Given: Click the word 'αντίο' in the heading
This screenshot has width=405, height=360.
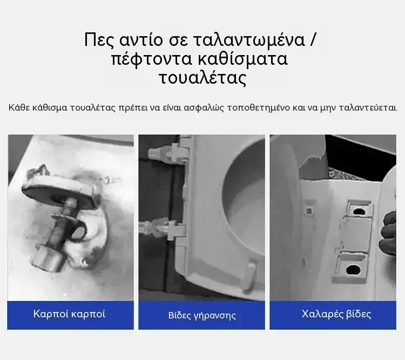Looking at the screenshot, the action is (x=141, y=40).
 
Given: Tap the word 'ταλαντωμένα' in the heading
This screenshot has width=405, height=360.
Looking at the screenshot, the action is (x=249, y=40).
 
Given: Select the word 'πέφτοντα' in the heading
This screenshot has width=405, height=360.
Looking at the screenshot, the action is (x=152, y=59).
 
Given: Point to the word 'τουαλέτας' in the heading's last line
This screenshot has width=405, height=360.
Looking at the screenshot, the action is (x=202, y=78).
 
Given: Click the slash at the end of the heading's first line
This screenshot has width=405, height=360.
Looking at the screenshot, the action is (x=313, y=40).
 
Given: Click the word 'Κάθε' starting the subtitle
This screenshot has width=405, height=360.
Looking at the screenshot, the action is (x=19, y=107).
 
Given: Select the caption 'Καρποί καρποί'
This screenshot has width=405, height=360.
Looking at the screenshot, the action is (x=69, y=314).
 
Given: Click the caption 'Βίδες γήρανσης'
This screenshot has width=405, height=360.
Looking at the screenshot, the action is (x=202, y=316).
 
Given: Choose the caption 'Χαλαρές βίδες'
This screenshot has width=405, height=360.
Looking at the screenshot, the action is (x=336, y=314).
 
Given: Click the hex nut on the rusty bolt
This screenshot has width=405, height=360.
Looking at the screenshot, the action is (x=48, y=258).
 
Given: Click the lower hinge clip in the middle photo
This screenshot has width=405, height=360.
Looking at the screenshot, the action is (x=163, y=227).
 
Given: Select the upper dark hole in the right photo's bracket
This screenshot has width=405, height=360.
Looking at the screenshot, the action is (x=358, y=212).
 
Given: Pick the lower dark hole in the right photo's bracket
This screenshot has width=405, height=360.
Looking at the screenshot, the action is (x=352, y=270).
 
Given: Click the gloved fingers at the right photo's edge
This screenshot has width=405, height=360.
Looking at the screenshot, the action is (x=389, y=233).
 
